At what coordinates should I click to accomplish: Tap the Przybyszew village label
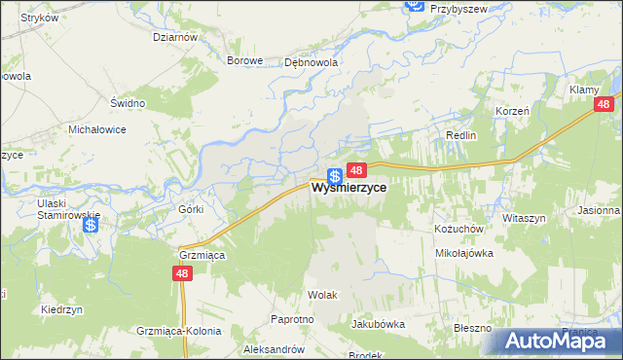click(458, 7)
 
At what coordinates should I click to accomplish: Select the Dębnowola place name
click(310, 60)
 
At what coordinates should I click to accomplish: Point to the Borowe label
click(245, 60)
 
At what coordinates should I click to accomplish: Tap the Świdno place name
click(128, 103)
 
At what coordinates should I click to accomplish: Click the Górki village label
click(190, 209)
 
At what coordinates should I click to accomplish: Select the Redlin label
click(460, 135)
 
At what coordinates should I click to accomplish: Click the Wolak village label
click(322, 293)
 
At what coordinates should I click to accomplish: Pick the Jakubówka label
click(377, 324)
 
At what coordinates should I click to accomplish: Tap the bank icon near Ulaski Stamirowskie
click(91, 226)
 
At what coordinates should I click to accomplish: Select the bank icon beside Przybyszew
click(413, 7)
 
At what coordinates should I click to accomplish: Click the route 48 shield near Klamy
click(605, 104)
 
